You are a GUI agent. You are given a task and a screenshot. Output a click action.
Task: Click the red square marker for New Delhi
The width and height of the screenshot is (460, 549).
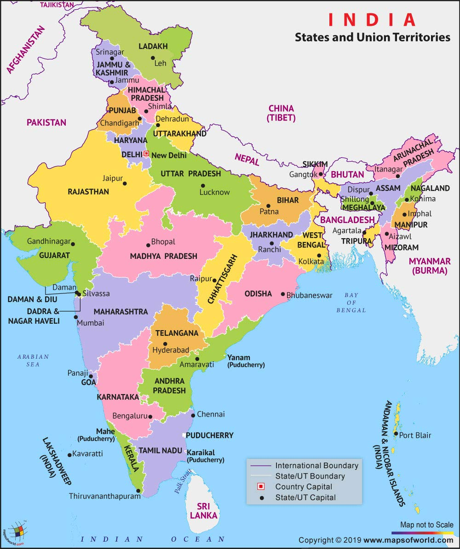146,154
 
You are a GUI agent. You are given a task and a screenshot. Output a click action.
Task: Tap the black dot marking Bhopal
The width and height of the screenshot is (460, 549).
148,245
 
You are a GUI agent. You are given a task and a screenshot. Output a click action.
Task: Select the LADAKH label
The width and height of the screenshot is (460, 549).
153,46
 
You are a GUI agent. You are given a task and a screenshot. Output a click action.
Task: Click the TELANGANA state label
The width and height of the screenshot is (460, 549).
177,333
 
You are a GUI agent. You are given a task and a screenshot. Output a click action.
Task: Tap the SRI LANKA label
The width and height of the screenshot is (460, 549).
203,511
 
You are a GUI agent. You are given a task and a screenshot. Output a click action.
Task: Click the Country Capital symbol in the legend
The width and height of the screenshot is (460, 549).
261,486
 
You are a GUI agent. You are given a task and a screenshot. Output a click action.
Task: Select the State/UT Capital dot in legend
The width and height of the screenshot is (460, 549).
261,497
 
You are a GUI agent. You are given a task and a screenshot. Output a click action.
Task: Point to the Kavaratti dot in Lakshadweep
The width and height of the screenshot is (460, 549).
69,455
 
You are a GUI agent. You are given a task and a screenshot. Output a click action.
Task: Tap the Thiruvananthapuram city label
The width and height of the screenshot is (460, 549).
104,496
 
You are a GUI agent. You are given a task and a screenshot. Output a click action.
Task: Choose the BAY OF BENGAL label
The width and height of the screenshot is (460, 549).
351,303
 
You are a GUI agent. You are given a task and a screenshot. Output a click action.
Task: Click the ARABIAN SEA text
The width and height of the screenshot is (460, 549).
33,360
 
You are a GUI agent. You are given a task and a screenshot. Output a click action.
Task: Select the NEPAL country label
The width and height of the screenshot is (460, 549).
247,160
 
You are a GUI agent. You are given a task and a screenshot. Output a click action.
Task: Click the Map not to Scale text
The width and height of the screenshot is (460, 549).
426,525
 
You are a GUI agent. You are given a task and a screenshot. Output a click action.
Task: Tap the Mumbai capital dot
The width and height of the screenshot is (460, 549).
75,317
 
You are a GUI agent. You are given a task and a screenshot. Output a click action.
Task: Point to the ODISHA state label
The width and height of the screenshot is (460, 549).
258,293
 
